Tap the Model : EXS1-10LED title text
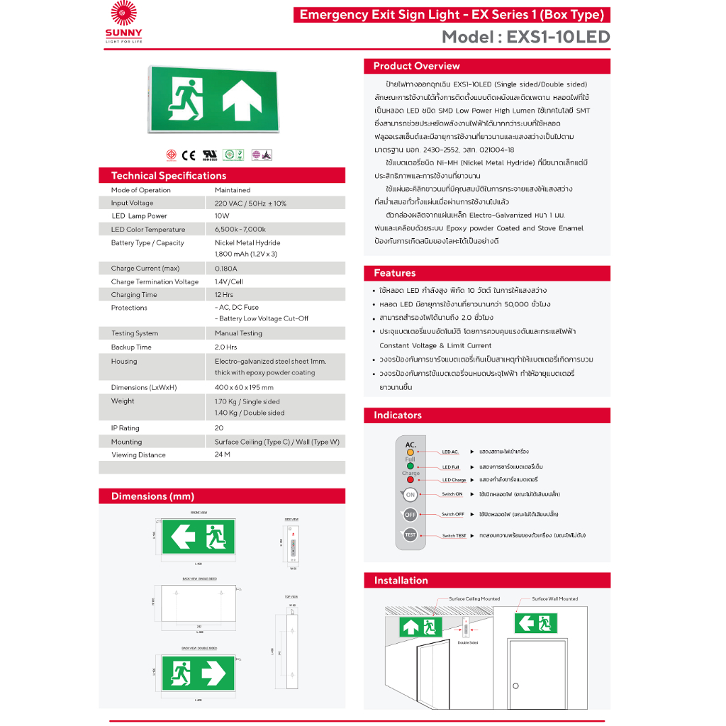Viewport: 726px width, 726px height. pyautogui.click(x=525, y=37)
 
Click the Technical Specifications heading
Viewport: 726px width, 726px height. pyautogui.click(x=169, y=176)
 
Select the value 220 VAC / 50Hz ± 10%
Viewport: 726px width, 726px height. pyautogui.click(x=250, y=203)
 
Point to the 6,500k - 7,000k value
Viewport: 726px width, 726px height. pyautogui.click(x=240, y=230)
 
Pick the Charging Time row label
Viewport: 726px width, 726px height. pyautogui.click(x=134, y=295)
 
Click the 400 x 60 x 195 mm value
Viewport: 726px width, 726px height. pyautogui.click(x=244, y=388)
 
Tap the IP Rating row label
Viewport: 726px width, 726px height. pyautogui.click(x=125, y=428)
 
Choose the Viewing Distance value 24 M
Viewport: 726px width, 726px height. pyautogui.click(x=223, y=455)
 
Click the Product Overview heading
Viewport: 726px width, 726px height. pyautogui.click(x=417, y=66)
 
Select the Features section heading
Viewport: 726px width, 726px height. pyautogui.click(x=395, y=273)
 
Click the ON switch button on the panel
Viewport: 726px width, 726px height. pyautogui.click(x=411, y=495)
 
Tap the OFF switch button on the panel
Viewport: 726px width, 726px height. pyautogui.click(x=411, y=515)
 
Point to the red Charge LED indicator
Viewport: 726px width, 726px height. pyautogui.click(x=411, y=480)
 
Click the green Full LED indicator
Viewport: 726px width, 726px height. pyautogui.click(x=411, y=467)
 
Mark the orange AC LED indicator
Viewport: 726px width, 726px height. pyautogui.click(x=411, y=452)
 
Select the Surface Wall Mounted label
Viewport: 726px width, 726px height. pyautogui.click(x=555, y=599)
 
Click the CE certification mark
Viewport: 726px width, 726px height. pyautogui.click(x=189, y=155)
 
